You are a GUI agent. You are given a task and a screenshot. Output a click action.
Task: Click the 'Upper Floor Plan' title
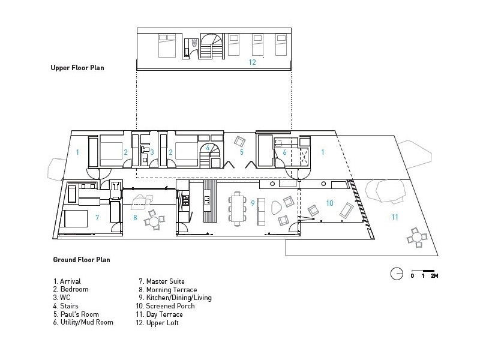point(77,68)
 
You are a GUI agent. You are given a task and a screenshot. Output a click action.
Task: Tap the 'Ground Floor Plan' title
point(82,260)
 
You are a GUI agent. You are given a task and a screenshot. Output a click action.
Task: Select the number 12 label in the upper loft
point(252,62)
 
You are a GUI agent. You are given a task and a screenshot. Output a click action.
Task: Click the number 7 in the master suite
point(97,218)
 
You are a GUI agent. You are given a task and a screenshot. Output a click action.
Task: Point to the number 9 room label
point(253,203)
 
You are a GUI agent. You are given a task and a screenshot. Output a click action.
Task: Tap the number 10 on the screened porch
point(329,203)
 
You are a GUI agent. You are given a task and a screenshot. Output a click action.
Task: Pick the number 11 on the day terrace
point(395,217)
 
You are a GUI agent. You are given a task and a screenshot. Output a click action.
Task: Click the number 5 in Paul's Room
point(242,152)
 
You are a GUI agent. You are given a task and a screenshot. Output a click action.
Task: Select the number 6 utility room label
point(284,152)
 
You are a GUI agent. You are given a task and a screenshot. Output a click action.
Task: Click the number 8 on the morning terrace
point(135,218)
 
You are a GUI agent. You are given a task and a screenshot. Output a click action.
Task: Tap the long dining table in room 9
point(238,208)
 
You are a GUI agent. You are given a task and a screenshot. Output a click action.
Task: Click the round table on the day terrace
point(417,238)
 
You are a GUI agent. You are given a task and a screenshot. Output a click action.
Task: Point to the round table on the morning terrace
point(154,221)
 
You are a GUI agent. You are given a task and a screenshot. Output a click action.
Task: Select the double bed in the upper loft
point(167,46)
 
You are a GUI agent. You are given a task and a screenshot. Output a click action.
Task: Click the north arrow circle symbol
point(397,274)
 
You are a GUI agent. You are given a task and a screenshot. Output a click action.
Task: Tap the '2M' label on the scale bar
point(434,275)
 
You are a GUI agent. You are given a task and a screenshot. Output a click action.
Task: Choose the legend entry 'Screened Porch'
point(170,306)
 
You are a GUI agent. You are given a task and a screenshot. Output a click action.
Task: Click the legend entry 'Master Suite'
point(165,281)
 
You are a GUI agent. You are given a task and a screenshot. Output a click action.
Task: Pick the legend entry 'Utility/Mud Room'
point(87,322)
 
